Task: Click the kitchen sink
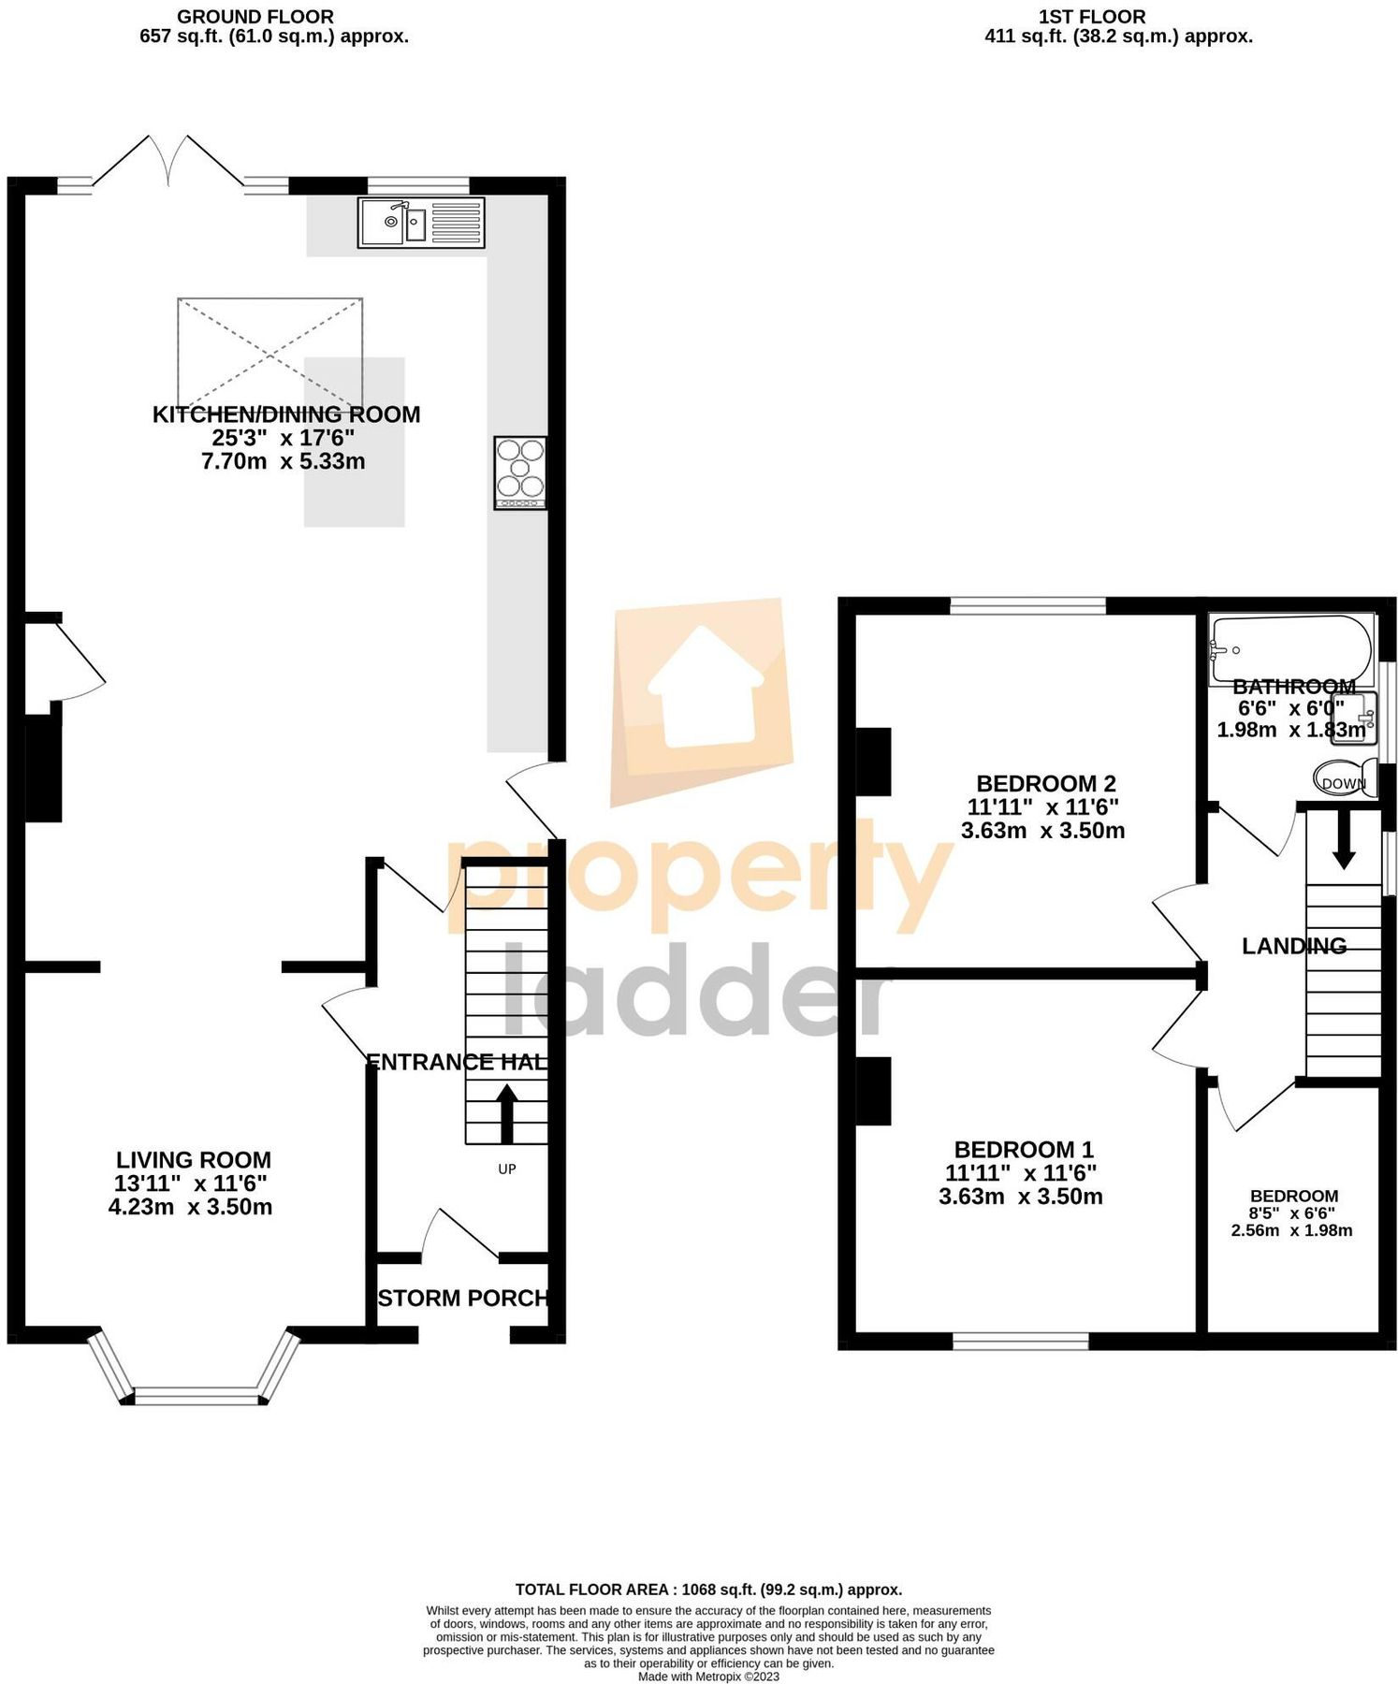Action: point(420,223)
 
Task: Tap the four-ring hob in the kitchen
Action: point(520,472)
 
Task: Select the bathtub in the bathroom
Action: point(1291,647)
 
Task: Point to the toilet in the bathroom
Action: point(1345,778)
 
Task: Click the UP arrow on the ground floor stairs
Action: point(506,1112)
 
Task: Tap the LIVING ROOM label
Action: point(194,1160)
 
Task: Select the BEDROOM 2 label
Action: point(1045,783)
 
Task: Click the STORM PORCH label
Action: point(462,1298)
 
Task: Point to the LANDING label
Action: point(1294,946)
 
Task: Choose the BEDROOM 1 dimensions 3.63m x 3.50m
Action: point(1020,1197)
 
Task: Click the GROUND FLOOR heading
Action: point(255,17)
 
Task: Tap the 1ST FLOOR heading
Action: point(1091,17)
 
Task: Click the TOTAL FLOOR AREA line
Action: point(708,1590)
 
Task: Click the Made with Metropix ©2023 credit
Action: point(708,1677)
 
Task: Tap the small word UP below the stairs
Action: point(506,1169)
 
